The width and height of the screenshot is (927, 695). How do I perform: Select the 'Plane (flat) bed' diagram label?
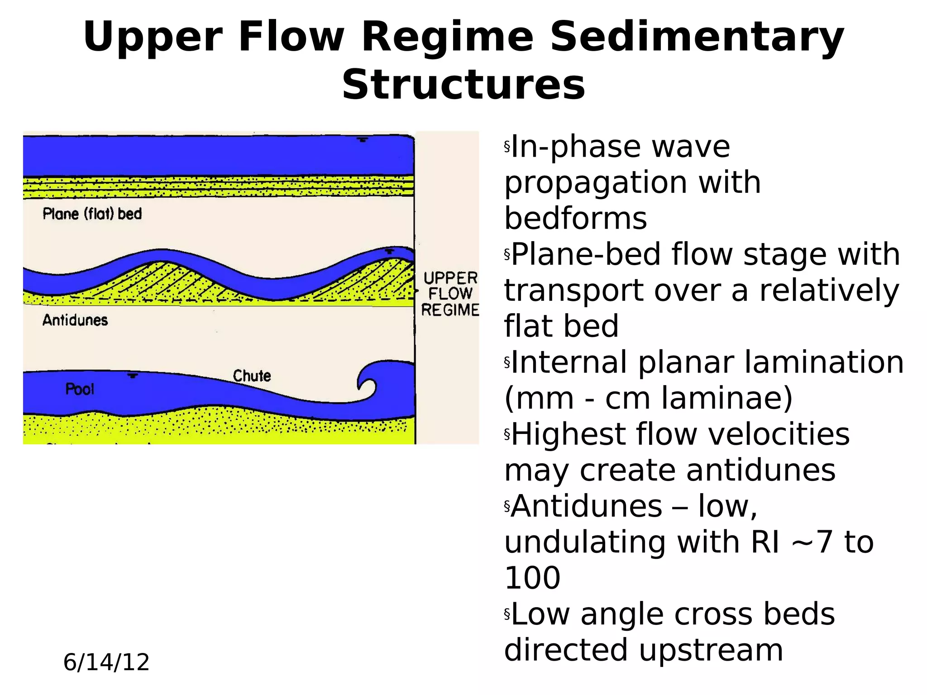point(92,214)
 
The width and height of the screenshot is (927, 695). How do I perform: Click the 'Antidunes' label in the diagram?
point(75,320)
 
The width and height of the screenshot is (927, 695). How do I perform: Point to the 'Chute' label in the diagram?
point(252,376)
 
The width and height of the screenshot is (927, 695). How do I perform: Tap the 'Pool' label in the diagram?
point(80,389)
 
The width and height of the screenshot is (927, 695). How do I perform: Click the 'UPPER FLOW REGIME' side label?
point(450,294)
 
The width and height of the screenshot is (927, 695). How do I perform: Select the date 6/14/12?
point(106,662)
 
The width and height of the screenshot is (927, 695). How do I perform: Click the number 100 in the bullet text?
point(532,578)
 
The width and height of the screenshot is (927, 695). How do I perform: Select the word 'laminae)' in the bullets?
point(726,398)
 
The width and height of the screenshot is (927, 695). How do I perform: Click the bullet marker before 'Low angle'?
point(507,614)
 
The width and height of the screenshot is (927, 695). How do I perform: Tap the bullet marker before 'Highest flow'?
point(507,434)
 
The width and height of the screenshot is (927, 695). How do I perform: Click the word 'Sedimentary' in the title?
point(697,37)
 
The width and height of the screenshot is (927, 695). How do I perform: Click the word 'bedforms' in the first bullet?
point(576,219)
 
